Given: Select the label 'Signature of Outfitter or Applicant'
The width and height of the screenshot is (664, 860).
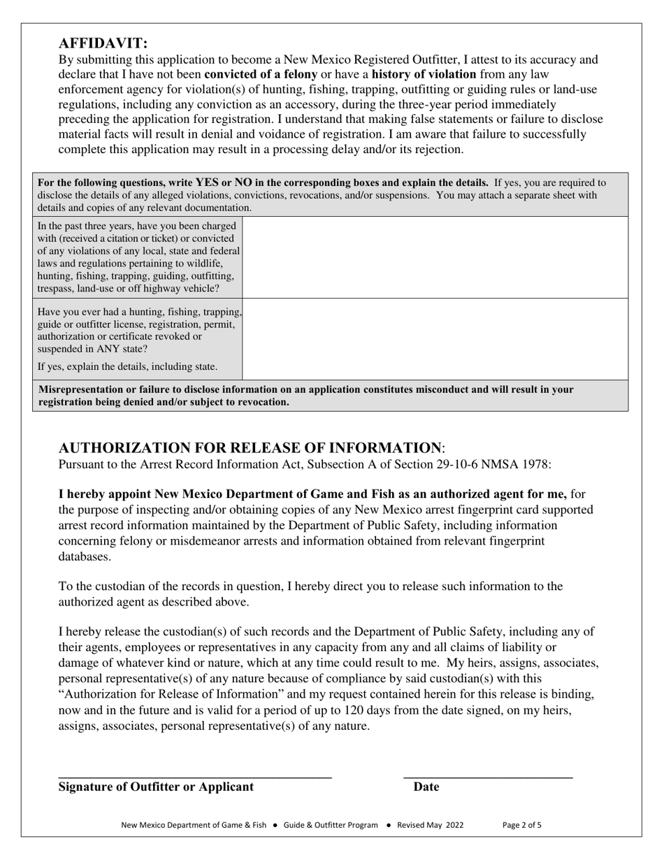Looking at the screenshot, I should pyautogui.click(x=156, y=787).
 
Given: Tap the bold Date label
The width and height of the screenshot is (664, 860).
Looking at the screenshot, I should pyautogui.click(x=426, y=787).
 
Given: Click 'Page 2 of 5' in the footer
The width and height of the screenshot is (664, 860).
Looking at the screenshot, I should pyautogui.click(x=522, y=825).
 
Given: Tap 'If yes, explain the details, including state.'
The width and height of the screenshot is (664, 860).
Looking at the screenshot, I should pyautogui.click(x=127, y=366).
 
